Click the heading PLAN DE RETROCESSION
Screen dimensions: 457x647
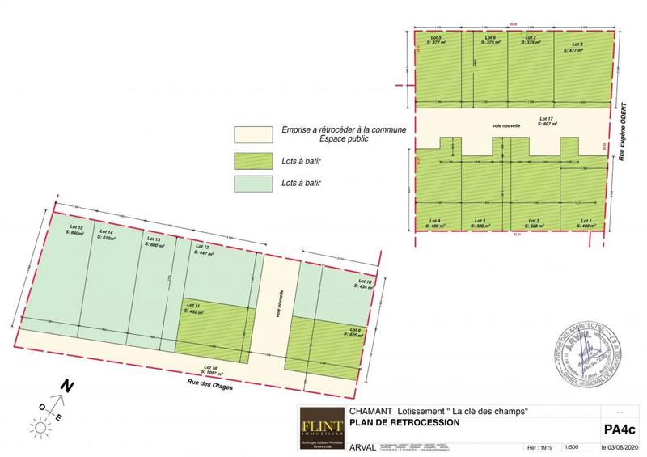(x=404, y=422)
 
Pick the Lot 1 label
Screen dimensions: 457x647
(x=584, y=223)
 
